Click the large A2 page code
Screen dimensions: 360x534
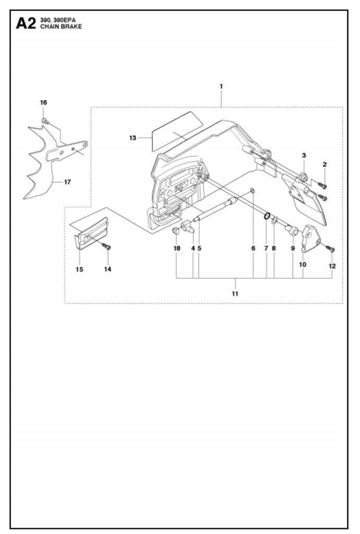tap(26, 24)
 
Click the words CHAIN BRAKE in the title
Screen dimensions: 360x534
tap(61, 27)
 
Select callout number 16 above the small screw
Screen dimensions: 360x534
tap(44, 103)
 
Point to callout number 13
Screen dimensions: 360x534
tap(133, 138)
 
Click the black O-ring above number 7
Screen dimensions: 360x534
tap(267, 216)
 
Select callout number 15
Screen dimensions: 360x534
tap(79, 270)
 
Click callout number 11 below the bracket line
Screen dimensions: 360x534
tap(235, 294)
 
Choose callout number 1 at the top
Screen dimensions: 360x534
tap(221, 87)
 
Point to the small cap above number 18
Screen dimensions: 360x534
tap(176, 230)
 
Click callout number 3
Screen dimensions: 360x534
tap(304, 155)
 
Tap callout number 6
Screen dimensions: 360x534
tap(253, 248)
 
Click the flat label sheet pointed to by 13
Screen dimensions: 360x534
tap(176, 131)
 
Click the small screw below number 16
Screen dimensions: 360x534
tap(45, 121)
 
